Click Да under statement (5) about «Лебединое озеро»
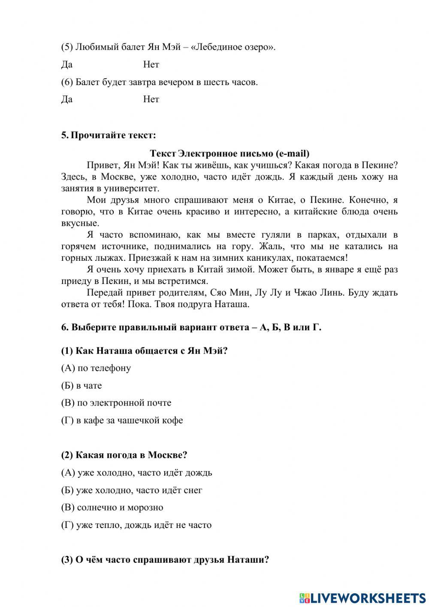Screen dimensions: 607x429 (67, 64)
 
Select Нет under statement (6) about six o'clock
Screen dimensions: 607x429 (151, 99)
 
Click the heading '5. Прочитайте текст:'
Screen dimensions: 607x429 (109, 135)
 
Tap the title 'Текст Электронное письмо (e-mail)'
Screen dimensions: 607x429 (230, 153)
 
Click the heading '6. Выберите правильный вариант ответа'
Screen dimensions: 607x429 (191, 327)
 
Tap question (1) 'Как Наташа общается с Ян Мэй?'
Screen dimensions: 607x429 (144, 351)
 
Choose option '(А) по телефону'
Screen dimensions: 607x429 (96, 368)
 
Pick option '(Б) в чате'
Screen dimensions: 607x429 (82, 385)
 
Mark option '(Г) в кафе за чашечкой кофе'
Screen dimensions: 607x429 (122, 420)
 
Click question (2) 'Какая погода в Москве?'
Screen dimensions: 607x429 (124, 455)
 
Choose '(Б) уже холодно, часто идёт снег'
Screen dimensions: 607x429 (132, 490)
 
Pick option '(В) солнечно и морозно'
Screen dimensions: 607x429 (112, 507)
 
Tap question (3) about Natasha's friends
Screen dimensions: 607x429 (165, 560)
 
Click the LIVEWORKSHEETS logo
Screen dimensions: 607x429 (363, 598)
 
